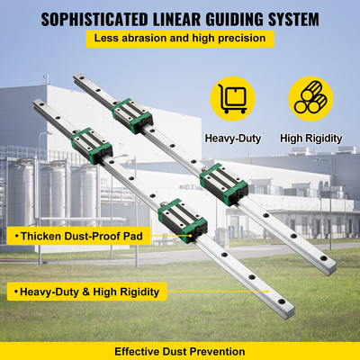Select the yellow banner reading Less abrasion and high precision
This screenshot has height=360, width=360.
coord(179,39)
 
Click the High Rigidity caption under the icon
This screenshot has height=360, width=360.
coord(310,138)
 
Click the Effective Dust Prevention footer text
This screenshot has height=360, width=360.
coord(179,349)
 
